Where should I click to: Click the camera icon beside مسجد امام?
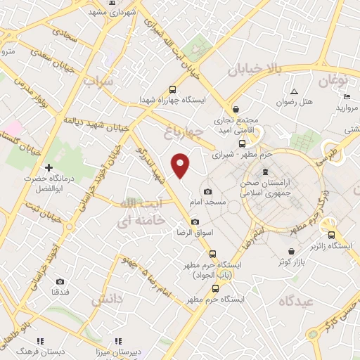tap(207, 192)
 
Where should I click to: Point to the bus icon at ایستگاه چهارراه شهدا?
tap(172, 89)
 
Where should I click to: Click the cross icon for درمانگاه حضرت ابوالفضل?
tap(48, 168)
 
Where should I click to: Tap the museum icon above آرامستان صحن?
tap(264, 172)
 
